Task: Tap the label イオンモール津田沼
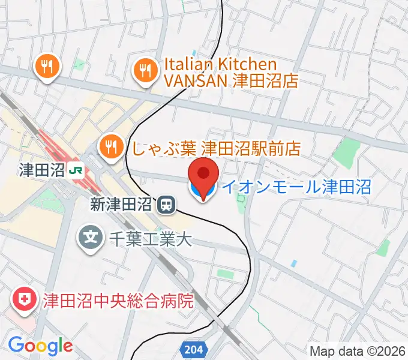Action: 296,187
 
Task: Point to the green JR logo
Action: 76,170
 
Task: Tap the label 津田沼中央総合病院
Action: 118,300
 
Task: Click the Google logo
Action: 40,346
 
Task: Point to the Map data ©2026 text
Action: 357,351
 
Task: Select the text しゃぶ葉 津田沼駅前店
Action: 215,146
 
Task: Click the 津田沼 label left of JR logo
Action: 41,170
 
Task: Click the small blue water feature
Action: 293,263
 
